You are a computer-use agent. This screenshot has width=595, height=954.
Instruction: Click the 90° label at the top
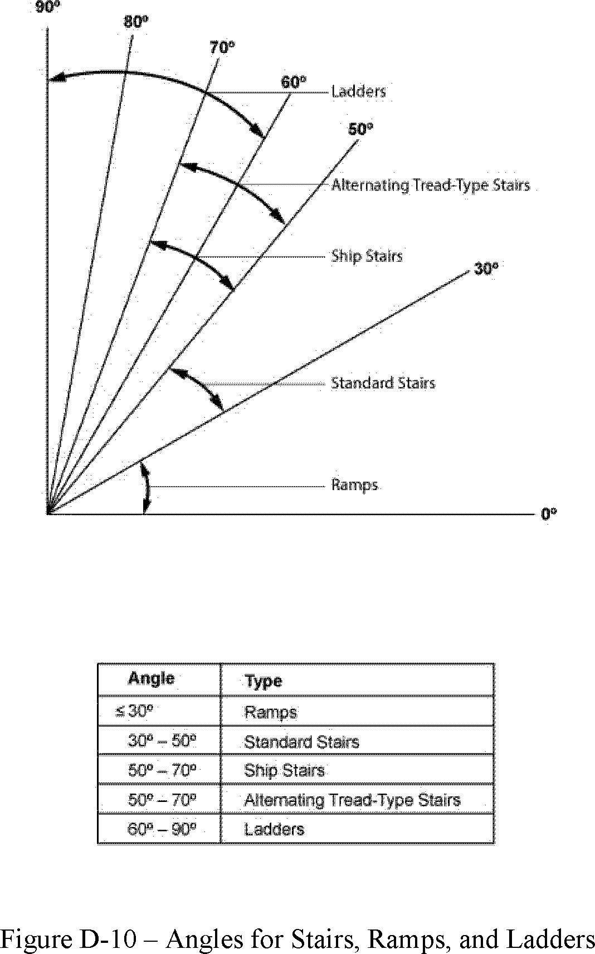click(x=47, y=8)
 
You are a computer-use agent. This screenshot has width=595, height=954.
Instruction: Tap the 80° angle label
click(x=136, y=22)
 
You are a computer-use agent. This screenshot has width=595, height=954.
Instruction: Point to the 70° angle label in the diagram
click(x=222, y=48)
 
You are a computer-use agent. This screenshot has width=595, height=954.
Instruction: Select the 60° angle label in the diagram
click(x=293, y=82)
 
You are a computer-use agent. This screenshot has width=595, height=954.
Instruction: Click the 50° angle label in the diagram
click(x=360, y=129)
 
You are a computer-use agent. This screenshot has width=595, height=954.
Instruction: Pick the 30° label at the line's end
click(x=485, y=268)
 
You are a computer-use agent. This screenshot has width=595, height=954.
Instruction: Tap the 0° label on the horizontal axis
click(x=549, y=514)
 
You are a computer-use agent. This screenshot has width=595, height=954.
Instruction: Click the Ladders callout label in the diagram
click(x=358, y=91)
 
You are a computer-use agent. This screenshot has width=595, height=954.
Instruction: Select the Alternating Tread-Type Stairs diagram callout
click(x=430, y=185)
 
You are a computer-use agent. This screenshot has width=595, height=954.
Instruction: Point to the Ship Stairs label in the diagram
click(x=367, y=256)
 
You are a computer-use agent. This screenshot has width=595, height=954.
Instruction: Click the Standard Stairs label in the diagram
click(x=383, y=383)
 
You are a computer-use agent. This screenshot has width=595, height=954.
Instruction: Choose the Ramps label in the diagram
click(x=354, y=485)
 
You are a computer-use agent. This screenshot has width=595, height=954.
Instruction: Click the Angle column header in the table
click(x=151, y=678)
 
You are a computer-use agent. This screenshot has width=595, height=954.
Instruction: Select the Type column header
click(x=263, y=681)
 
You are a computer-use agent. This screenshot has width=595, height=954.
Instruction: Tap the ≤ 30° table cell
click(x=134, y=711)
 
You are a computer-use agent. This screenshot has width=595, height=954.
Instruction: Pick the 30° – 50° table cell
click(x=162, y=741)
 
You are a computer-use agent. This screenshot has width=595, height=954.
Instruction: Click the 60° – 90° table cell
click(x=162, y=829)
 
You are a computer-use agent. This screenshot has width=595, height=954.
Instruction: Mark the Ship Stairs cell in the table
click(x=284, y=771)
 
